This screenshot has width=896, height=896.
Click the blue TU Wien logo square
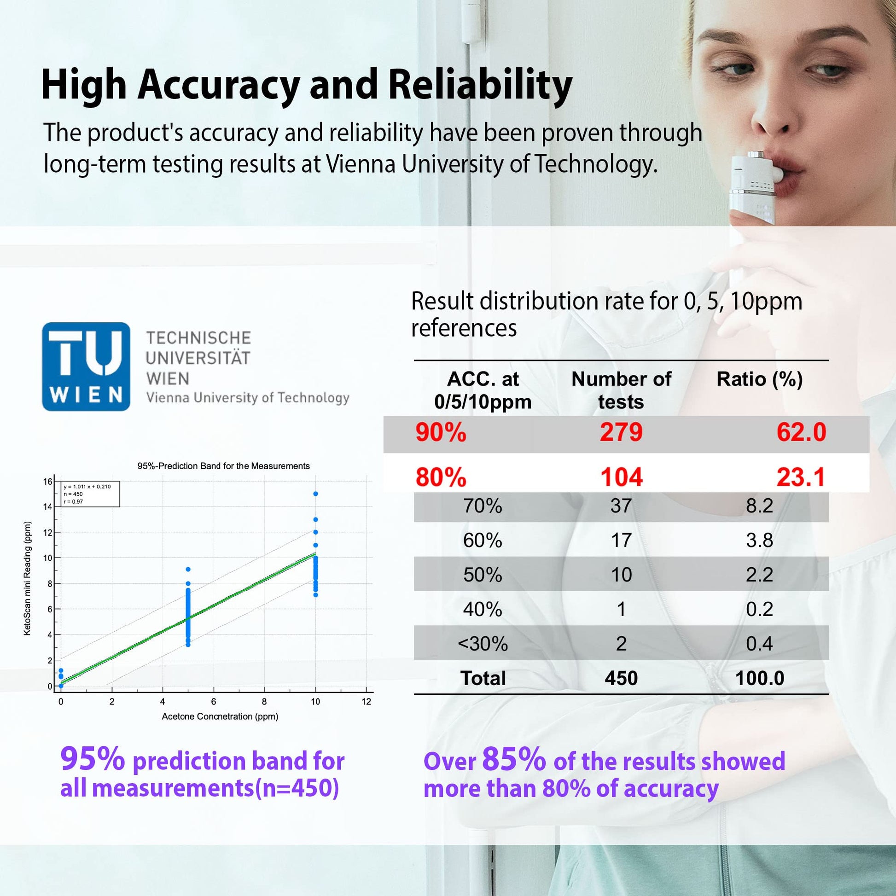[86, 367]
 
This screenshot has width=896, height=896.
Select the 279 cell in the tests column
[621, 432]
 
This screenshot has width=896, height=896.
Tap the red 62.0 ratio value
[801, 432]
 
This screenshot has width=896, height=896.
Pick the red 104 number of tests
[621, 477]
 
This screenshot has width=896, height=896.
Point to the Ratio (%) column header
[759, 379]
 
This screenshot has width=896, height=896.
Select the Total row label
[483, 679]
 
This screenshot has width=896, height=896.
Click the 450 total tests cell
[621, 679]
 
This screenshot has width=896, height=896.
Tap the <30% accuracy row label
[483, 644]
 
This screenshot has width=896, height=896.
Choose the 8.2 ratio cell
[759, 506]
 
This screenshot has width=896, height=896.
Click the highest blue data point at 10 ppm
[315, 494]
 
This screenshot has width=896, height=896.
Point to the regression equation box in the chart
[90, 494]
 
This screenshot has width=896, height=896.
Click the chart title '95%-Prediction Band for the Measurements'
[223, 466]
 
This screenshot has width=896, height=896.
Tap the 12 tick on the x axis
[367, 702]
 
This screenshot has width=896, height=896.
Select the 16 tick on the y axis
[48, 482]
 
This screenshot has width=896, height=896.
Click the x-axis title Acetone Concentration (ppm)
[220, 716]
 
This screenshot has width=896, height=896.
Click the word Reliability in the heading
[480, 85]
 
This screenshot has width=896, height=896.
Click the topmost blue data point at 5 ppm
[188, 570]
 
